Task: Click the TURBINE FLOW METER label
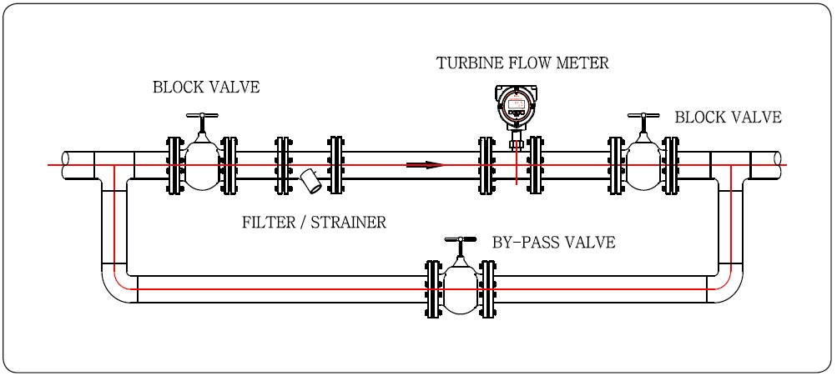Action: point(522,63)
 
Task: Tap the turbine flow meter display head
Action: point(517,107)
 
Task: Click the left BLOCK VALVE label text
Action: point(206,88)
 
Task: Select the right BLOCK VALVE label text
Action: point(728,118)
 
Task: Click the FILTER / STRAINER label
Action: point(314,223)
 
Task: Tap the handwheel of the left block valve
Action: point(202,116)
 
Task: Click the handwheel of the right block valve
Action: point(643,118)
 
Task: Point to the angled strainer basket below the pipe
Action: point(311,182)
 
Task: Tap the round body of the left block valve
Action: point(202,165)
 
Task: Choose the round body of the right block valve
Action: point(643,165)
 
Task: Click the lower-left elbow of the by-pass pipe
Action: point(117,288)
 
